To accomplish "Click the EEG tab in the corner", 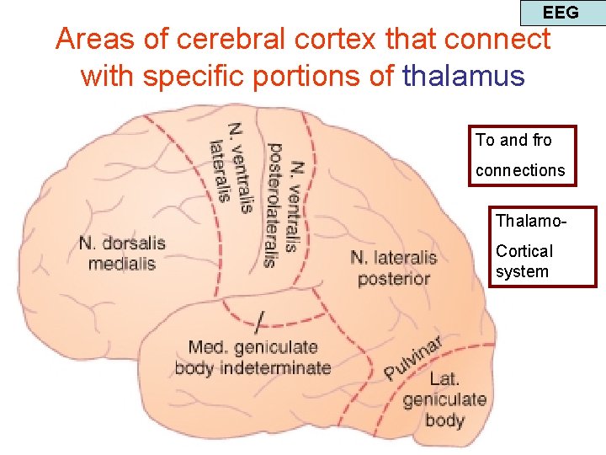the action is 561,13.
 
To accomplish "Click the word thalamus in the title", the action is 464,76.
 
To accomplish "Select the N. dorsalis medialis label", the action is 122,253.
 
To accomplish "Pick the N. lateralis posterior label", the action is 394,268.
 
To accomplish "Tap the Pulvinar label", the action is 413,356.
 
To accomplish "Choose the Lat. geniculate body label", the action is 444,399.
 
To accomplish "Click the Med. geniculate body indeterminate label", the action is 252,357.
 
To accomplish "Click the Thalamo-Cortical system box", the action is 544,247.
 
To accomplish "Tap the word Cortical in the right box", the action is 524,251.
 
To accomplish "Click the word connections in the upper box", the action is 520,170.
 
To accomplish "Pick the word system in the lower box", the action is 522,271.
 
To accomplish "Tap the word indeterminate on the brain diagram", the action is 283,367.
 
